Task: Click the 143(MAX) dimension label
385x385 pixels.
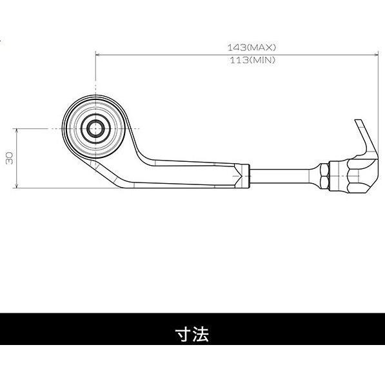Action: pos(252,47)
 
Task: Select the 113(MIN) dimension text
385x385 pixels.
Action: pos(252,60)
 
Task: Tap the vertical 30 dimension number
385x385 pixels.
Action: pos(10,158)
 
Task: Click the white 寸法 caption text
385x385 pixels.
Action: pos(192,334)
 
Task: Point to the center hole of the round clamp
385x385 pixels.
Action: pos(95,129)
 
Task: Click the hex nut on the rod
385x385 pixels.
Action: pos(324,176)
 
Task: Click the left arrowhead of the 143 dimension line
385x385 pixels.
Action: pos(98,55)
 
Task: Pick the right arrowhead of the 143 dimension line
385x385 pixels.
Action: pos(376,55)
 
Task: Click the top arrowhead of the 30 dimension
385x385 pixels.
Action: pos(17,131)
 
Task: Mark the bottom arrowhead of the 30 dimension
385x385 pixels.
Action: pos(17,186)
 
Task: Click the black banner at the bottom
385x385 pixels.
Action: pos(192,329)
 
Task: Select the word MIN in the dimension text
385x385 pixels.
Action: pos(262,60)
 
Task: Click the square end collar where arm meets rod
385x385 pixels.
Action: pos(242,176)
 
